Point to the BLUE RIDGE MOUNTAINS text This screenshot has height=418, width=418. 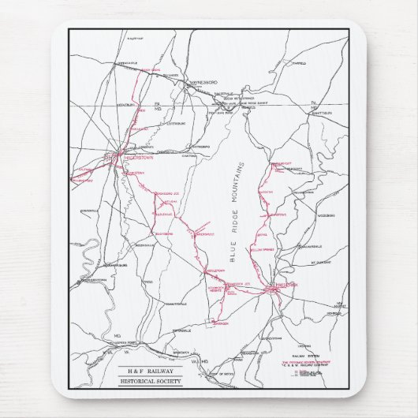233,212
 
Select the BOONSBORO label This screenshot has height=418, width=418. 162,233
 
